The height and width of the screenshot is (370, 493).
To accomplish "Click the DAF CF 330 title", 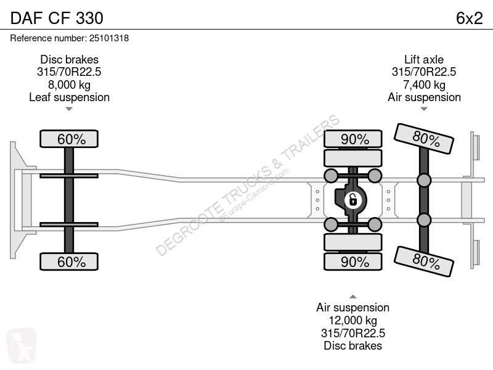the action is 57,18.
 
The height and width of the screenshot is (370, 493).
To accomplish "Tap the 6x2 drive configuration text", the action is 469,18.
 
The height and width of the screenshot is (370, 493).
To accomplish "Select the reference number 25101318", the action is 109,38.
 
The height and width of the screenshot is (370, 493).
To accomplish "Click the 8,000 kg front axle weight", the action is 69,84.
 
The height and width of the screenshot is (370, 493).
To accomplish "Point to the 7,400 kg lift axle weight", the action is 424,84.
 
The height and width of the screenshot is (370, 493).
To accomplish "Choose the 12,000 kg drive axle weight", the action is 352,320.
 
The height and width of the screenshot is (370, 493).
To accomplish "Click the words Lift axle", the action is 424,59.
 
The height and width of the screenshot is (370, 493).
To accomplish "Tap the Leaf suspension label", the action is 69,97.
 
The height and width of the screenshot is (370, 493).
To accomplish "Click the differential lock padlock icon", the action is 352,200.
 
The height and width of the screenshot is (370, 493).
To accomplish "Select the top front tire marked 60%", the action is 69,139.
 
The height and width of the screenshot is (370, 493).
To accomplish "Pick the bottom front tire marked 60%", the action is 69,261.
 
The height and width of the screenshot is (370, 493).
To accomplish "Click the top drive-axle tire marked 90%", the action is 353,139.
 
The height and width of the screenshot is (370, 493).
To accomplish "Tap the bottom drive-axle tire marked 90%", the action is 353,261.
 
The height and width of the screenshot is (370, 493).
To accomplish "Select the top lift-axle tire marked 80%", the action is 424,138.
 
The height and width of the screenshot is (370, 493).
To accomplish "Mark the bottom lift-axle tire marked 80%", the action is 424,261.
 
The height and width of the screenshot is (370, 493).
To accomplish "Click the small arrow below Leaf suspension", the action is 69,109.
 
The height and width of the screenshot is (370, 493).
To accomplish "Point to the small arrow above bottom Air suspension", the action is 352,297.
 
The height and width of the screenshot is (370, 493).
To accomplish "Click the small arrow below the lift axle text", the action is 424,109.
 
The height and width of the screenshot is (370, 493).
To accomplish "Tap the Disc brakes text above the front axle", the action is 69,59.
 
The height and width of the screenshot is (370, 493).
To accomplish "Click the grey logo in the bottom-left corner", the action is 22,345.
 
